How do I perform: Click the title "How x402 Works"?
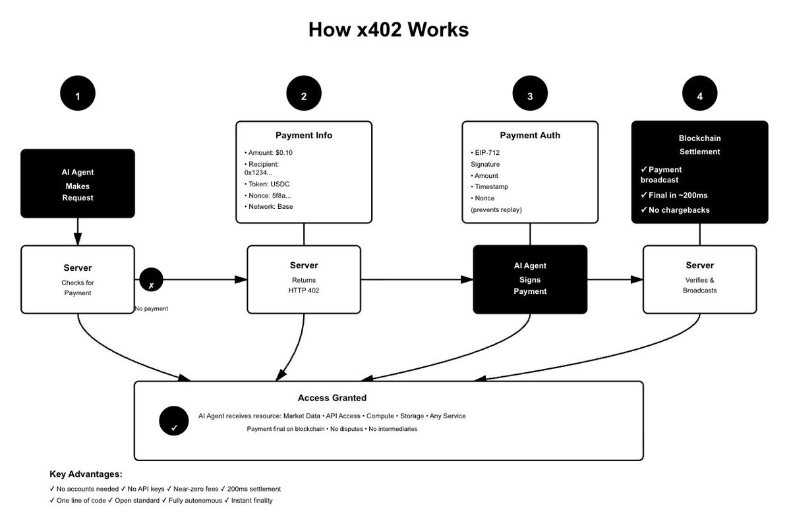pyautogui.click(x=388, y=30)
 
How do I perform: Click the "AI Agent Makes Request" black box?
pyautogui.click(x=78, y=184)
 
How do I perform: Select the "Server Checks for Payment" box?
pyautogui.click(x=78, y=279)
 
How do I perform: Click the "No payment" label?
pyautogui.click(x=151, y=308)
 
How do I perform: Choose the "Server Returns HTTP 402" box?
pyautogui.click(x=304, y=279)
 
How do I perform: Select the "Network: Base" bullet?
pyautogui.click(x=268, y=206)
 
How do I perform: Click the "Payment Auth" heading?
pyautogui.click(x=530, y=136)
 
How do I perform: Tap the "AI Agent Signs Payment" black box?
pyautogui.click(x=530, y=279)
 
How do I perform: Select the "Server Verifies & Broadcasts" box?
pyautogui.click(x=699, y=279)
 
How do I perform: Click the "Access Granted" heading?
pyautogui.click(x=332, y=398)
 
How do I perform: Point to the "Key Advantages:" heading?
pyautogui.click(x=86, y=474)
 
